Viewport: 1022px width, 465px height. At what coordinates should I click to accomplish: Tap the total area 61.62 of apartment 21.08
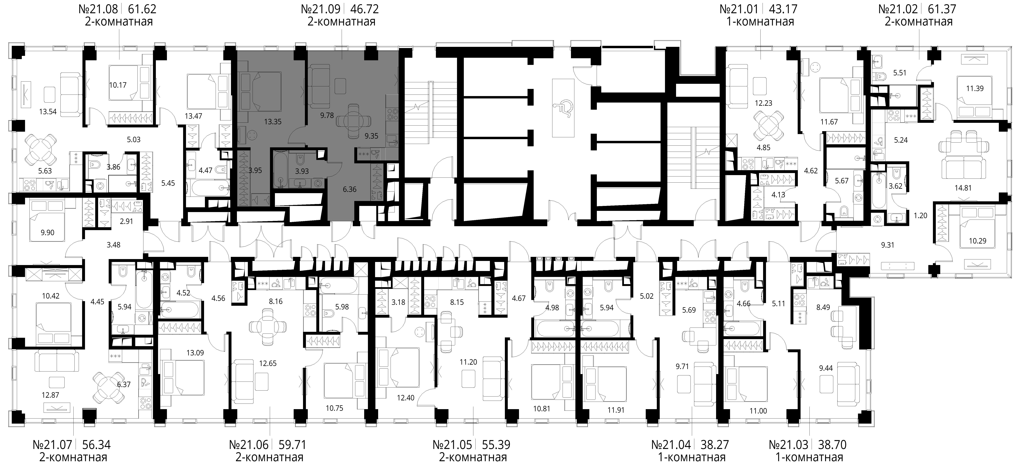point(141,9)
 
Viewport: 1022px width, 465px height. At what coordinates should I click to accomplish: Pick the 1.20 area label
point(920,215)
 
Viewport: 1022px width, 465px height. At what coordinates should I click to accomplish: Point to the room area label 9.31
point(888,245)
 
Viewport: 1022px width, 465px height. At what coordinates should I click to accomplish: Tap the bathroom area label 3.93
point(302,171)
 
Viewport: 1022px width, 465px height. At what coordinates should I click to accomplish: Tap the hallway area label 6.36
point(350,189)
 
